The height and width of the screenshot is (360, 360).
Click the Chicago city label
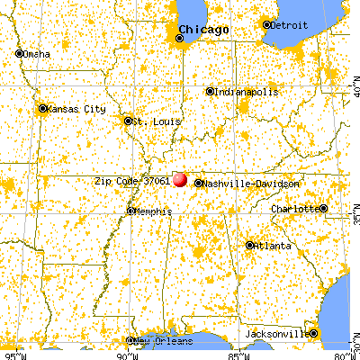[204, 31]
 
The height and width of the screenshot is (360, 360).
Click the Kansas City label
[73, 108]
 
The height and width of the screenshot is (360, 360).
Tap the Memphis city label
[149, 211]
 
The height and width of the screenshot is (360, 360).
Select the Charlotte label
[296, 209]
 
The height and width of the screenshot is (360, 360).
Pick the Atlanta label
[271, 245]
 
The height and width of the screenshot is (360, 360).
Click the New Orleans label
[161, 341]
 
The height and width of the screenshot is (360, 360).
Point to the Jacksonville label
[277, 335]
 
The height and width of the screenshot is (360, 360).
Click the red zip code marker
[180, 180]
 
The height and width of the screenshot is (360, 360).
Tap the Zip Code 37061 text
[132, 180]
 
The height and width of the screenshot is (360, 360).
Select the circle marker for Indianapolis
[210, 91]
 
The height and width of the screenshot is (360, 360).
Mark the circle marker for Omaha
[19, 53]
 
